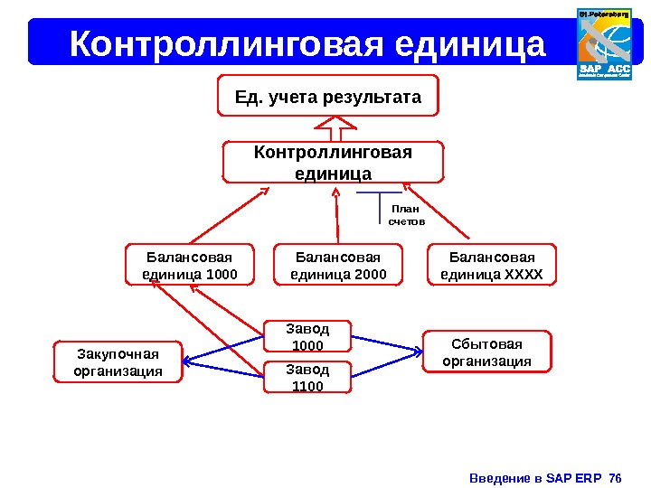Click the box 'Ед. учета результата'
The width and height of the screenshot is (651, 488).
(328, 96)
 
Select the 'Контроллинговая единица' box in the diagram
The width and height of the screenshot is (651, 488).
(334, 162)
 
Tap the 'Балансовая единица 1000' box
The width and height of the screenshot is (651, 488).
(191, 265)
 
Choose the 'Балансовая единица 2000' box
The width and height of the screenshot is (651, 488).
(339, 265)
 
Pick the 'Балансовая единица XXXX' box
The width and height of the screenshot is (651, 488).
(492, 265)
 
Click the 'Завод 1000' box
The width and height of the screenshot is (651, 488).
(307, 335)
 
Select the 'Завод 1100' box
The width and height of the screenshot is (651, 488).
(307, 377)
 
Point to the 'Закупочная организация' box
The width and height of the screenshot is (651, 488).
(118, 361)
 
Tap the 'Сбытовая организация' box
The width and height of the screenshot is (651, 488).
(486, 352)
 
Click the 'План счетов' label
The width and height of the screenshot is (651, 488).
(406, 214)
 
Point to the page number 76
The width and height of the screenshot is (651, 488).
(617, 477)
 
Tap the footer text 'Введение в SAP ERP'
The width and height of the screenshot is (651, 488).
(536, 477)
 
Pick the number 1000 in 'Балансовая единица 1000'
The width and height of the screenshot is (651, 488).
(222, 274)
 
